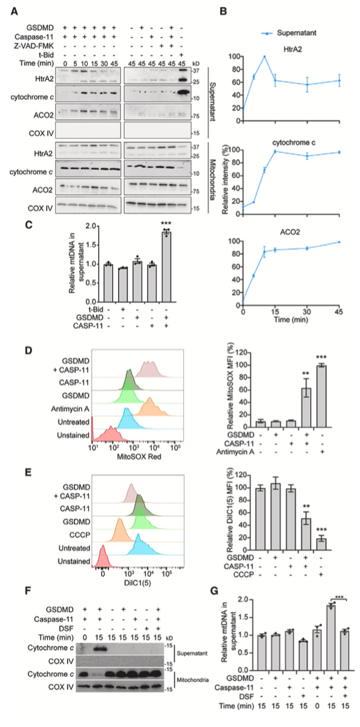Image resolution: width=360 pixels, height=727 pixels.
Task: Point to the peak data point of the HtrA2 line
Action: pyautogui.click(x=265, y=56)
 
